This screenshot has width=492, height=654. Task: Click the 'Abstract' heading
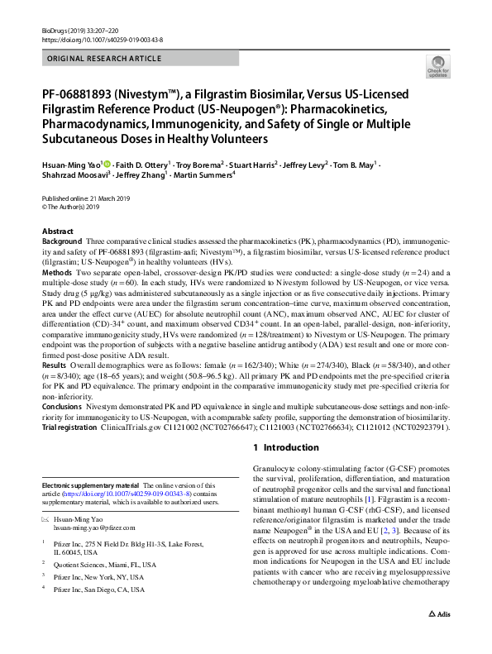[58, 232]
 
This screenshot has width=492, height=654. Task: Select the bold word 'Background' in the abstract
[61, 241]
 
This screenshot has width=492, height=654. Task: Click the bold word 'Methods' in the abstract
[56, 272]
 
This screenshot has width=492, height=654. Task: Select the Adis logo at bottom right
[437, 637]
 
